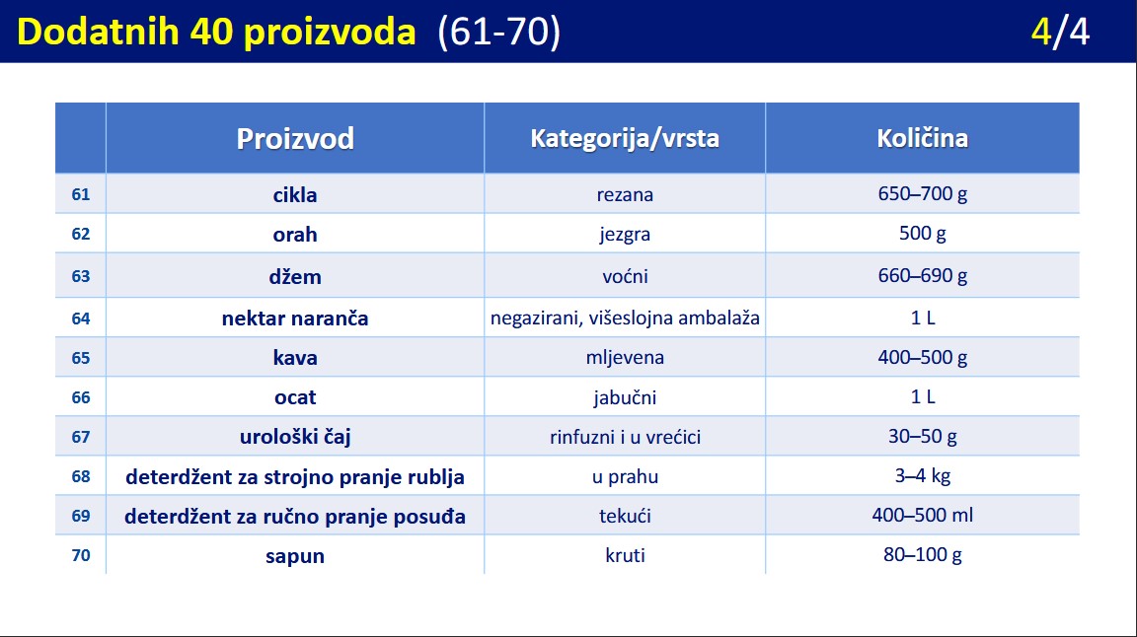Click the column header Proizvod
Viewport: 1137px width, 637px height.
295,138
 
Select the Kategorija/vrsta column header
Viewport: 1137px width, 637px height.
625,138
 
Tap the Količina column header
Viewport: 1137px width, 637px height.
923,138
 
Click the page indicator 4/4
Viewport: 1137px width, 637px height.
1060,32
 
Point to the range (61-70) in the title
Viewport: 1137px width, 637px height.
498,32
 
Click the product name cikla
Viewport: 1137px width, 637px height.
295,195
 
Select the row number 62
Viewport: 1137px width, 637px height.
81,234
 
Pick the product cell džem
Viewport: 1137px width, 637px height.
295,276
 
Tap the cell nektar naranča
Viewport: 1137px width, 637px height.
295,318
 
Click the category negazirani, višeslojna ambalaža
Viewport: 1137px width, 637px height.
625,318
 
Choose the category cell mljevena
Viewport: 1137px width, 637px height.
625,357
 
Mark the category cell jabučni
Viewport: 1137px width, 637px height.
625,397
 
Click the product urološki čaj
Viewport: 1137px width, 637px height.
295,437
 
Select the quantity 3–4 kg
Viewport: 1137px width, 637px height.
923,475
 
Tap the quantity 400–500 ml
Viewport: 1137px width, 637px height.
923,515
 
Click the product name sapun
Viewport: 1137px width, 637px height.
295,556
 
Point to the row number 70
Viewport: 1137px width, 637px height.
81,555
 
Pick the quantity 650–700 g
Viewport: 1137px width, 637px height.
923,193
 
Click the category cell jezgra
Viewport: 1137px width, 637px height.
625,235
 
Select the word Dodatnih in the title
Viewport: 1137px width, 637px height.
98,32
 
